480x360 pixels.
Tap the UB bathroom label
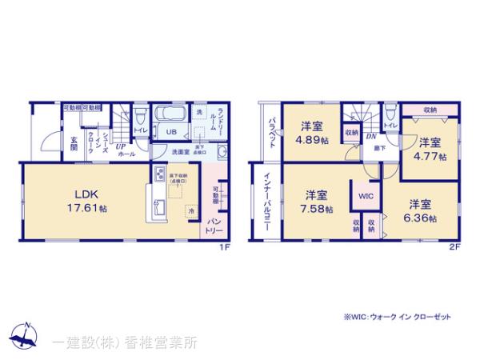(170, 132)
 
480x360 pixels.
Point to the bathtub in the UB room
(168, 114)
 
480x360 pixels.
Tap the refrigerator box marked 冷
(191, 210)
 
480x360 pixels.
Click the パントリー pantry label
(215, 223)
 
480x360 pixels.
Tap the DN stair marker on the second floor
(371, 137)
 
